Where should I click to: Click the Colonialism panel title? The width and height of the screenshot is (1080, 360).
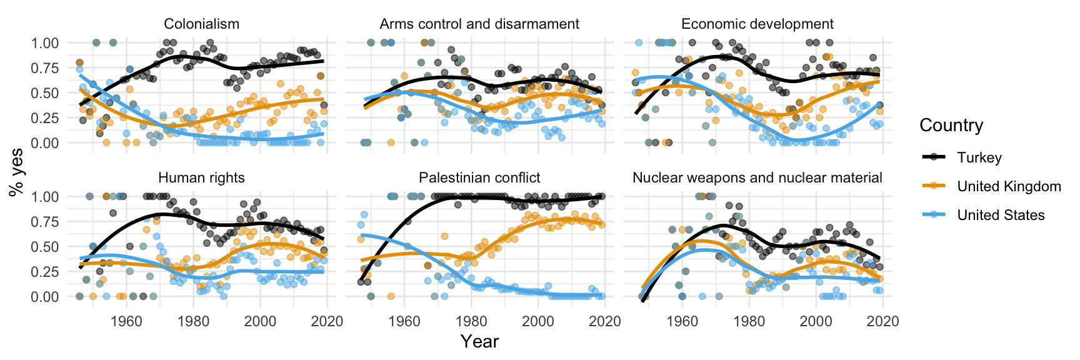tap(201, 24)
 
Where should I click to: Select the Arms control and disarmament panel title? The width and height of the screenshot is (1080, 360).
tap(479, 24)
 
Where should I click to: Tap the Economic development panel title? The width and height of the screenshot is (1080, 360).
tap(757, 24)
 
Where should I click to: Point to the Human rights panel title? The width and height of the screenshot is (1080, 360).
tap(201, 178)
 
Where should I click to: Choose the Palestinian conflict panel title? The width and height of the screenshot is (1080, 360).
tap(479, 178)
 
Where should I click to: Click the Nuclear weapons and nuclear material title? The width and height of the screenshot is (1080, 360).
tap(757, 178)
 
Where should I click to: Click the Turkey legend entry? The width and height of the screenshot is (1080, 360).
tap(979, 157)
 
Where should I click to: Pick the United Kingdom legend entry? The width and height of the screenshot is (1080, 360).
tap(1009, 186)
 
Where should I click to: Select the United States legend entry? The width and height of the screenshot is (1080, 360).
tap(1001, 215)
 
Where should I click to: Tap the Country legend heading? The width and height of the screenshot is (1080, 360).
tap(951, 126)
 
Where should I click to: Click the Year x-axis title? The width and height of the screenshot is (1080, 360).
tap(479, 341)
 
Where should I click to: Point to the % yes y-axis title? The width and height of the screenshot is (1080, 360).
tap(17, 171)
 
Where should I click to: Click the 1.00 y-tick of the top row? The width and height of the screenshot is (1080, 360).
tap(46, 43)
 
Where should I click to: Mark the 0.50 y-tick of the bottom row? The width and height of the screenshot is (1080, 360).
tap(46, 246)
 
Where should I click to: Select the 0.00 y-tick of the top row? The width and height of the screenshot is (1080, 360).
tap(46, 142)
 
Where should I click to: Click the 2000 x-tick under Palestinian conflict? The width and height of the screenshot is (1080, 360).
tap(537, 321)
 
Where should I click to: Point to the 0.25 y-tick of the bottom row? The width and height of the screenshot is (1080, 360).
tap(46, 271)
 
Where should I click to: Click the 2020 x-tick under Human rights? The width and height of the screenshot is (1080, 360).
tap(327, 321)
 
